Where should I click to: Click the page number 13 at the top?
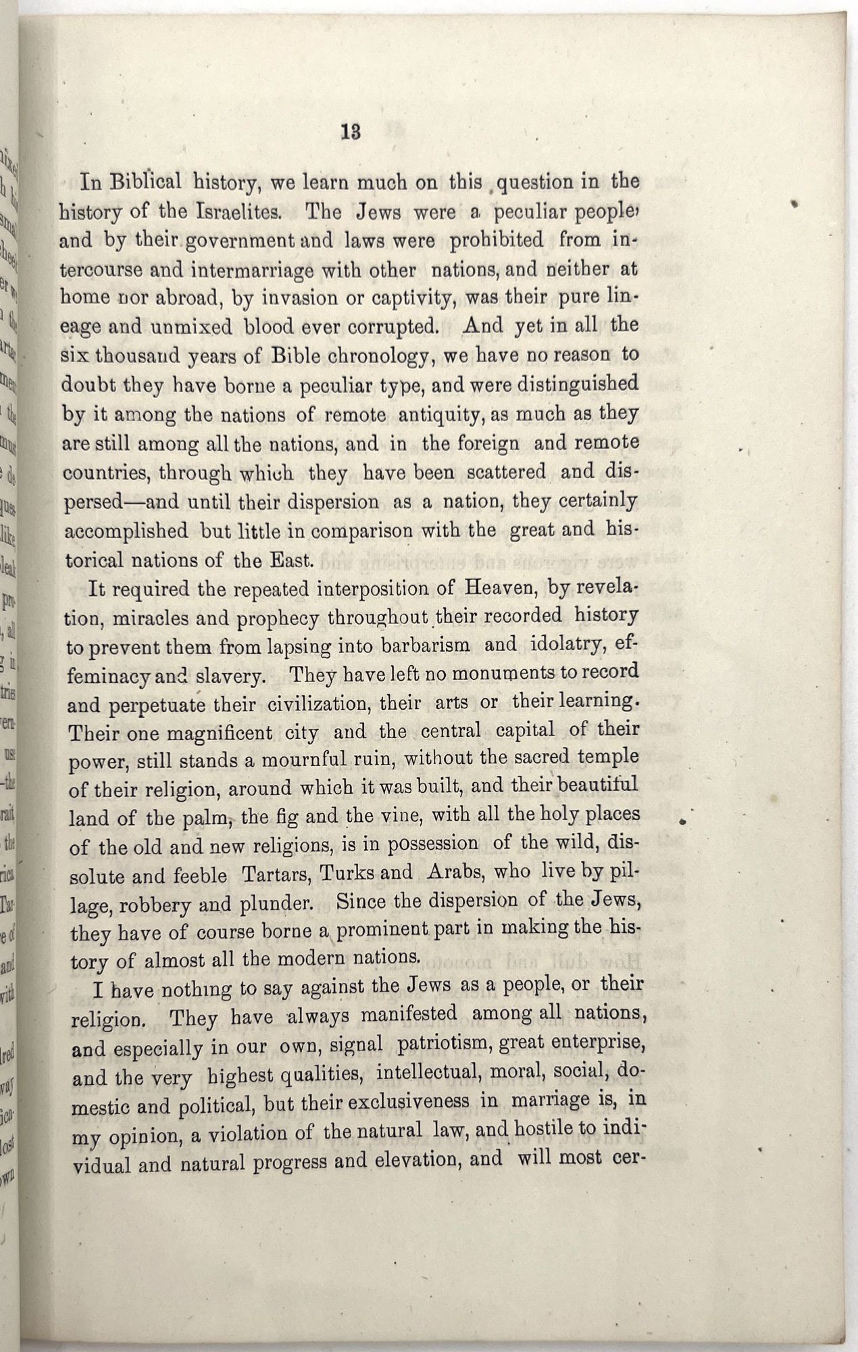pyautogui.click(x=351, y=133)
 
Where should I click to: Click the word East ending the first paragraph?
pyautogui.click(x=293, y=560)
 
